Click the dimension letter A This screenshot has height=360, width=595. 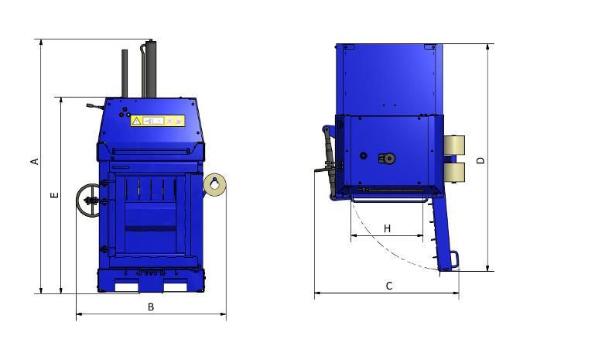(35, 161)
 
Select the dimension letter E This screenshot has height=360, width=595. (55, 195)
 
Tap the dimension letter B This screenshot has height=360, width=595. (151, 307)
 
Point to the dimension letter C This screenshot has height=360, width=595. (389, 286)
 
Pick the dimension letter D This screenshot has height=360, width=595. (480, 160)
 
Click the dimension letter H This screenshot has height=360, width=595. (387, 228)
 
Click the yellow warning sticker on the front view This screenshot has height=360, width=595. (158, 121)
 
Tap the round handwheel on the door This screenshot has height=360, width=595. (87, 201)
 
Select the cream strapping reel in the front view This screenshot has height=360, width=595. (215, 184)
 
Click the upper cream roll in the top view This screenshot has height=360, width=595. (454, 146)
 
